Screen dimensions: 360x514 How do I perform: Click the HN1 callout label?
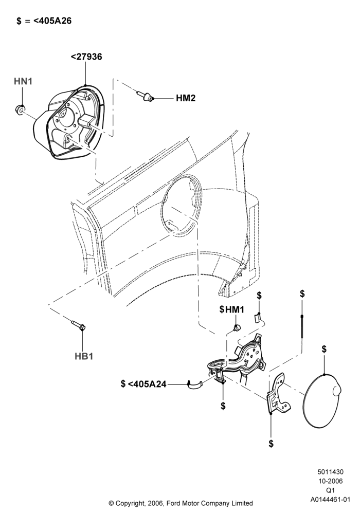tap(23, 81)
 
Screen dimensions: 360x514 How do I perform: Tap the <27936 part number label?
tap(86, 57)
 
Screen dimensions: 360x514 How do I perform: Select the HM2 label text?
tap(186, 98)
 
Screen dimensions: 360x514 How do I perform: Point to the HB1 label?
tap(84, 356)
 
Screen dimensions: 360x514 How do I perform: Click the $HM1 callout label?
tap(232, 309)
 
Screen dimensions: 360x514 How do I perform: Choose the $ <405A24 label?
tap(143, 383)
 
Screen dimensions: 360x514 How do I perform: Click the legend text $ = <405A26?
tap(44, 21)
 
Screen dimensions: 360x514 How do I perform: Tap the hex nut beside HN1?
tap(20, 109)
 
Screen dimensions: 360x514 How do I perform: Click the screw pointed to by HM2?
tap(146, 97)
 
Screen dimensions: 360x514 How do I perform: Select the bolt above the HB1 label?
tap(78, 324)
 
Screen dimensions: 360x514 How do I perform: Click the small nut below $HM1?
tap(236, 327)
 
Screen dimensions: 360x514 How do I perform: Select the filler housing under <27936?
tap(69, 123)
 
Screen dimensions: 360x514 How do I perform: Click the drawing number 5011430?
tap(330, 472)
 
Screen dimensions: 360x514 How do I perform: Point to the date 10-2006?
tap(330, 481)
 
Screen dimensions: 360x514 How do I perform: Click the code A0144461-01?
tap(331, 500)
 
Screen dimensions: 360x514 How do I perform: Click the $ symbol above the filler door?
tap(324, 349)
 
